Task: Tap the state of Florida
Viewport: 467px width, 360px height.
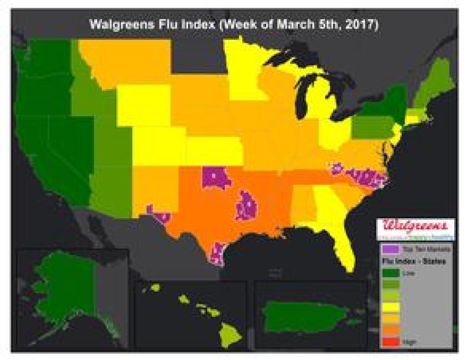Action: [x=342, y=242]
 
